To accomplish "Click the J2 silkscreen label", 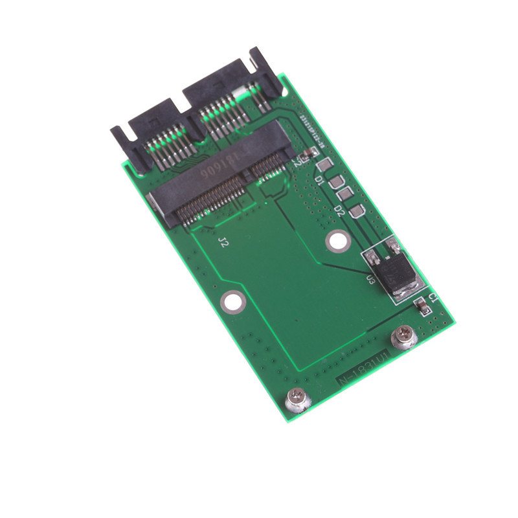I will click(x=223, y=243).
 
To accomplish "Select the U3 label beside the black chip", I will click(x=371, y=280).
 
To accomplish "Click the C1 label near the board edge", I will click(x=433, y=298).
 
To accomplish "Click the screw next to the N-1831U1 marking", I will click(x=405, y=337).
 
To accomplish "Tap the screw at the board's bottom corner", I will click(x=298, y=400).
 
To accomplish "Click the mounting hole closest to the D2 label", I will click(x=335, y=242).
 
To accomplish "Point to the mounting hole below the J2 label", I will click(x=230, y=300).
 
